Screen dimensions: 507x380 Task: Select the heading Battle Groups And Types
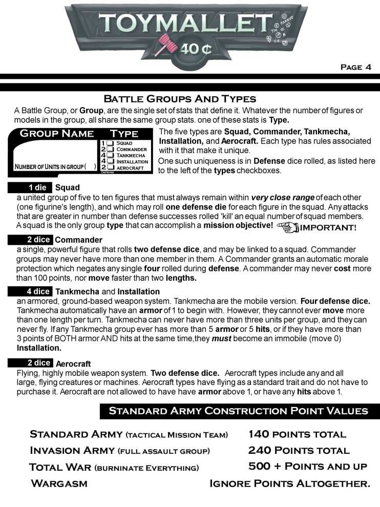180,98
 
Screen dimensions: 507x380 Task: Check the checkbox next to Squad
110,143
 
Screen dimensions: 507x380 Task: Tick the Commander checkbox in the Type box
110,149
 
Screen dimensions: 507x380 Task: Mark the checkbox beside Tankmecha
110,155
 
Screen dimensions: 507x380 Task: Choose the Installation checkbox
110,161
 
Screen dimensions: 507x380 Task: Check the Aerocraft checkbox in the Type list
110,167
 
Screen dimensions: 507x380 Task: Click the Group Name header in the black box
56,134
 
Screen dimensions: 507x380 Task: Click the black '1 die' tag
37,187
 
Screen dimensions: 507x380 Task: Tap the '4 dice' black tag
37,291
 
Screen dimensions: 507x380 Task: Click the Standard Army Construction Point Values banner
238,411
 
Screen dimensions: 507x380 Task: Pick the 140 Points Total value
297,434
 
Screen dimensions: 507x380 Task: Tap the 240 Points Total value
299,451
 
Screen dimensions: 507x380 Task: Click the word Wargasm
59,483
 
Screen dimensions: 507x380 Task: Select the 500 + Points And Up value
307,467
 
